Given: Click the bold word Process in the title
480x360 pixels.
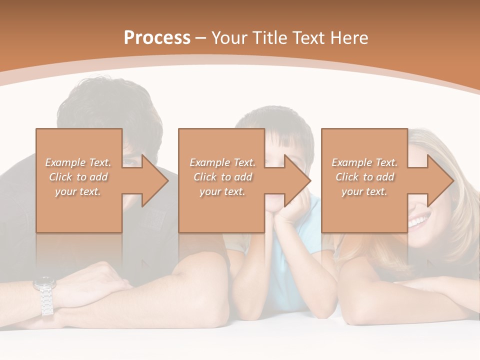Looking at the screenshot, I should [x=157, y=38].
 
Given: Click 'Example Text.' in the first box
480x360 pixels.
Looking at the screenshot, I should [x=78, y=162].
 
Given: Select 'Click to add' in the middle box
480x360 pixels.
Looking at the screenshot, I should [x=222, y=177].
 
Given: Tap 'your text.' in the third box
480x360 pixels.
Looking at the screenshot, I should [x=364, y=191].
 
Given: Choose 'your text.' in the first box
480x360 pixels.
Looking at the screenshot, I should [x=78, y=191].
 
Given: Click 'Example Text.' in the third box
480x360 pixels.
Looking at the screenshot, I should [x=364, y=162].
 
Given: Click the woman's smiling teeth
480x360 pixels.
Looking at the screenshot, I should [x=419, y=220].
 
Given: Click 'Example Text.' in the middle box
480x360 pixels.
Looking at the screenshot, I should [x=222, y=162].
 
